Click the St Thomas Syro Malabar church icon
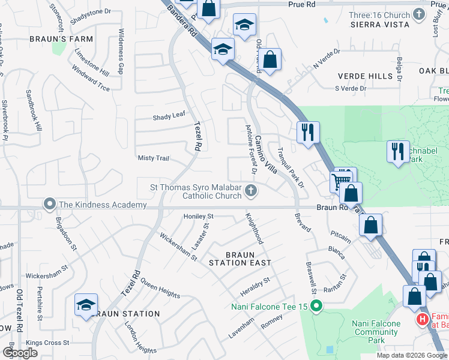[252, 191]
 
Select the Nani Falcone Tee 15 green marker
[318, 307]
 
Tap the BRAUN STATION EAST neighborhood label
[240, 262]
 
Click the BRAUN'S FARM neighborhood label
[61, 39]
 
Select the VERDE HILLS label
[366, 76]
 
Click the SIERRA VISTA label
[381, 24]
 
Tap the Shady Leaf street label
[170, 115]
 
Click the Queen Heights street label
[161, 292]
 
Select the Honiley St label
[199, 216]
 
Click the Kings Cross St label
[47, 343]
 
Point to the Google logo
[19, 353]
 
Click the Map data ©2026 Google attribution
[412, 355]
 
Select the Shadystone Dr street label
[91, 11]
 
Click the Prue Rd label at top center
[301, 4]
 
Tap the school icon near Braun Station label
[86, 305]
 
